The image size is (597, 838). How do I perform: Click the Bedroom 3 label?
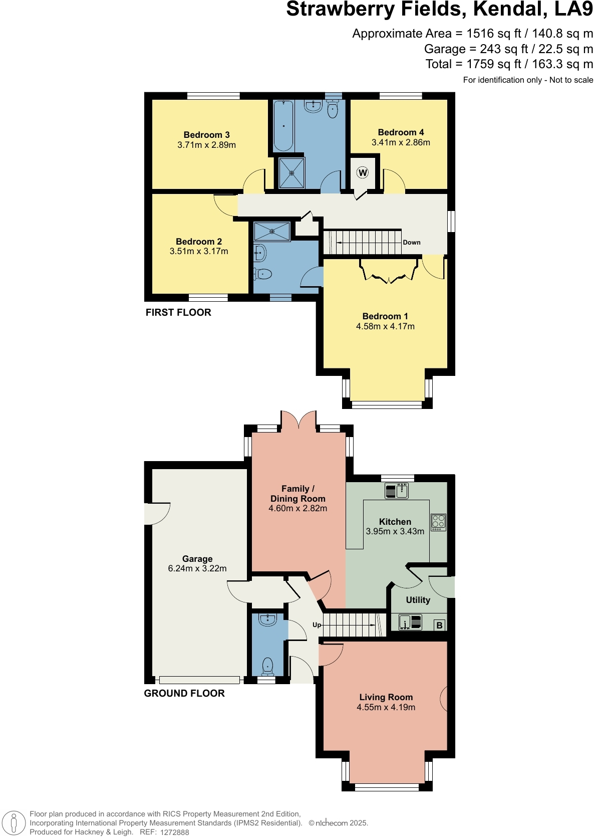206,135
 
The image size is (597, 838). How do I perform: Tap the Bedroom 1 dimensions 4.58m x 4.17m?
385,326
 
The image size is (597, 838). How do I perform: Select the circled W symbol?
363,172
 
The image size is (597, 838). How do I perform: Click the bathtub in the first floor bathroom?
284,126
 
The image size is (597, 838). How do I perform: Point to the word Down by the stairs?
412,243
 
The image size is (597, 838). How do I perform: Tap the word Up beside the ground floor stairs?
317,625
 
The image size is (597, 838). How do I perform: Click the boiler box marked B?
439,625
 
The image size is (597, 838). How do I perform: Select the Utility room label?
418,600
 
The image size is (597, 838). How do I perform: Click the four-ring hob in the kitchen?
439,522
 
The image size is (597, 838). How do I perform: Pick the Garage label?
197,558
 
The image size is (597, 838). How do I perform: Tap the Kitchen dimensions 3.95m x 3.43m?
395,531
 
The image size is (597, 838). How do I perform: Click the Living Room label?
386,697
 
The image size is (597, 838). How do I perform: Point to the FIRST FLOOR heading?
178,312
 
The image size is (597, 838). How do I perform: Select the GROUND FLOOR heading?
184,693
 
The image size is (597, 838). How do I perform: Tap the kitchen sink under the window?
397,491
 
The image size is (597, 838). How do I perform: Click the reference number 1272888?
175,832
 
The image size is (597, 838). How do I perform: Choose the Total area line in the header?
509,64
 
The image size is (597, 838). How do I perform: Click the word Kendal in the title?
511,10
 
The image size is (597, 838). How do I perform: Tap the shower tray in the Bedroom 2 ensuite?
272,232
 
